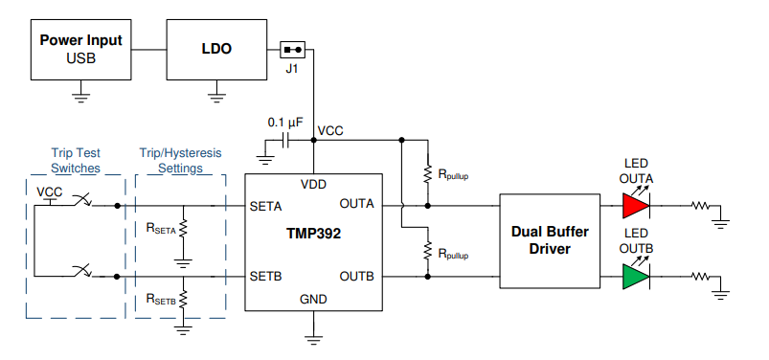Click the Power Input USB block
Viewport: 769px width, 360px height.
[x=81, y=50]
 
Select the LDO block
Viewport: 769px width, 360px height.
[x=217, y=49]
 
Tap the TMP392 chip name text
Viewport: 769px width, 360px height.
[x=312, y=233]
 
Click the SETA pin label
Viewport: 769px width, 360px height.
[x=265, y=205]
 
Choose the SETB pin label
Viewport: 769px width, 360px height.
[x=265, y=277]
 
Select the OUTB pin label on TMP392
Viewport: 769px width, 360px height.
[x=357, y=277]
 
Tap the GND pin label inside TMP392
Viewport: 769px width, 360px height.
[x=312, y=298]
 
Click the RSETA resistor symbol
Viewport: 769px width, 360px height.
[x=182, y=227]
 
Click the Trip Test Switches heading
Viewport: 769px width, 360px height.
[x=75, y=161]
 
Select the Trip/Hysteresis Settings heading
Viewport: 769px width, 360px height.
[x=180, y=161]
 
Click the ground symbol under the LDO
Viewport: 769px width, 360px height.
[x=217, y=92]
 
